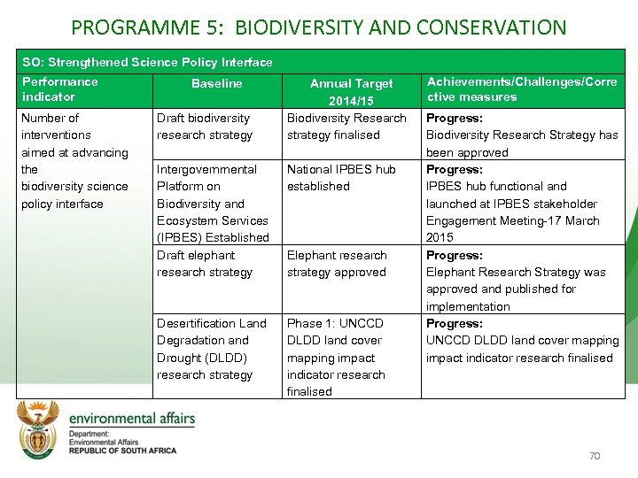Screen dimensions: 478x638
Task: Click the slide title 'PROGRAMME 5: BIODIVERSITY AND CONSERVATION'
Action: point(318,27)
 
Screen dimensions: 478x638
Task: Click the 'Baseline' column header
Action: point(216,83)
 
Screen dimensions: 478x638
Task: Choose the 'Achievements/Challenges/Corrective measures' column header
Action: point(522,89)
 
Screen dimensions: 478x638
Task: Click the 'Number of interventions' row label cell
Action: point(74,160)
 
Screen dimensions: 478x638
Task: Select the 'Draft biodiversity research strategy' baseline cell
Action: point(205,127)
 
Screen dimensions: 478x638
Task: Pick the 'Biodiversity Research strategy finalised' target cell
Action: point(346,127)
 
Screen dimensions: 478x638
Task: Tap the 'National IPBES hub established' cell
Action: point(341,178)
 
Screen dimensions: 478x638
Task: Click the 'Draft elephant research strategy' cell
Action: point(205,264)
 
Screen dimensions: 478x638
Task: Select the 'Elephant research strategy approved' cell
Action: point(337,264)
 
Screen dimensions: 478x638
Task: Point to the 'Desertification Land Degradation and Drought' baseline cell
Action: point(211,349)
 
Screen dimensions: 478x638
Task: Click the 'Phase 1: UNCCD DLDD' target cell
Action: point(337,358)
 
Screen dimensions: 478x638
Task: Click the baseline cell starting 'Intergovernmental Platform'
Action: point(213,204)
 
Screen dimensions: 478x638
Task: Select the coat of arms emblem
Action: point(40,429)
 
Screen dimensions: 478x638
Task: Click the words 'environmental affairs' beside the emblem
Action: point(132,418)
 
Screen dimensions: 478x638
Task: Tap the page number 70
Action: point(595,456)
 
